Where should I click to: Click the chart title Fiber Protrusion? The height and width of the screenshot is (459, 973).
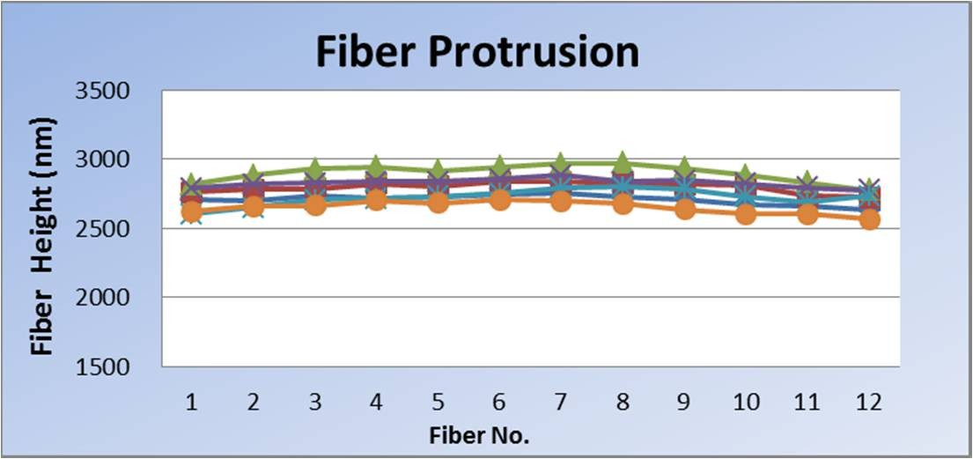pyautogui.click(x=477, y=53)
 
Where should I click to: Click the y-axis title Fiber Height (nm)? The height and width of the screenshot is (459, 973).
pyautogui.click(x=43, y=235)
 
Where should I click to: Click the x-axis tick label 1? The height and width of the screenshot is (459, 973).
pyautogui.click(x=190, y=401)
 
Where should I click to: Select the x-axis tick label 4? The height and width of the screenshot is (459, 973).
pyautogui.click(x=376, y=401)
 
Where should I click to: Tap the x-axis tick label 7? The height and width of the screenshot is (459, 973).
pyautogui.click(x=561, y=401)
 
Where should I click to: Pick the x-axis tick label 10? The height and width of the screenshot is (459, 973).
pyautogui.click(x=746, y=401)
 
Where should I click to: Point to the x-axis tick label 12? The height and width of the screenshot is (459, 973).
pyautogui.click(x=869, y=401)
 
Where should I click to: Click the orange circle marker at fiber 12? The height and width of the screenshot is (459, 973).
pyautogui.click(x=869, y=219)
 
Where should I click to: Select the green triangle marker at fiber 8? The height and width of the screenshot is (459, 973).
pyautogui.click(x=623, y=162)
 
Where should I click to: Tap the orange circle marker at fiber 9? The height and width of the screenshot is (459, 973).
pyautogui.click(x=684, y=209)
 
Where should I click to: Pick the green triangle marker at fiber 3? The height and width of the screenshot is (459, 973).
pyautogui.click(x=314, y=167)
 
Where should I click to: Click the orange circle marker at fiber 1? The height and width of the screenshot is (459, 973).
pyautogui.click(x=191, y=211)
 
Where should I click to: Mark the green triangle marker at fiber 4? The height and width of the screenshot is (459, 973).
pyautogui.click(x=376, y=166)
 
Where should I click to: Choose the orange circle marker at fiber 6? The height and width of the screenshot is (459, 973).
pyautogui.click(x=499, y=199)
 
